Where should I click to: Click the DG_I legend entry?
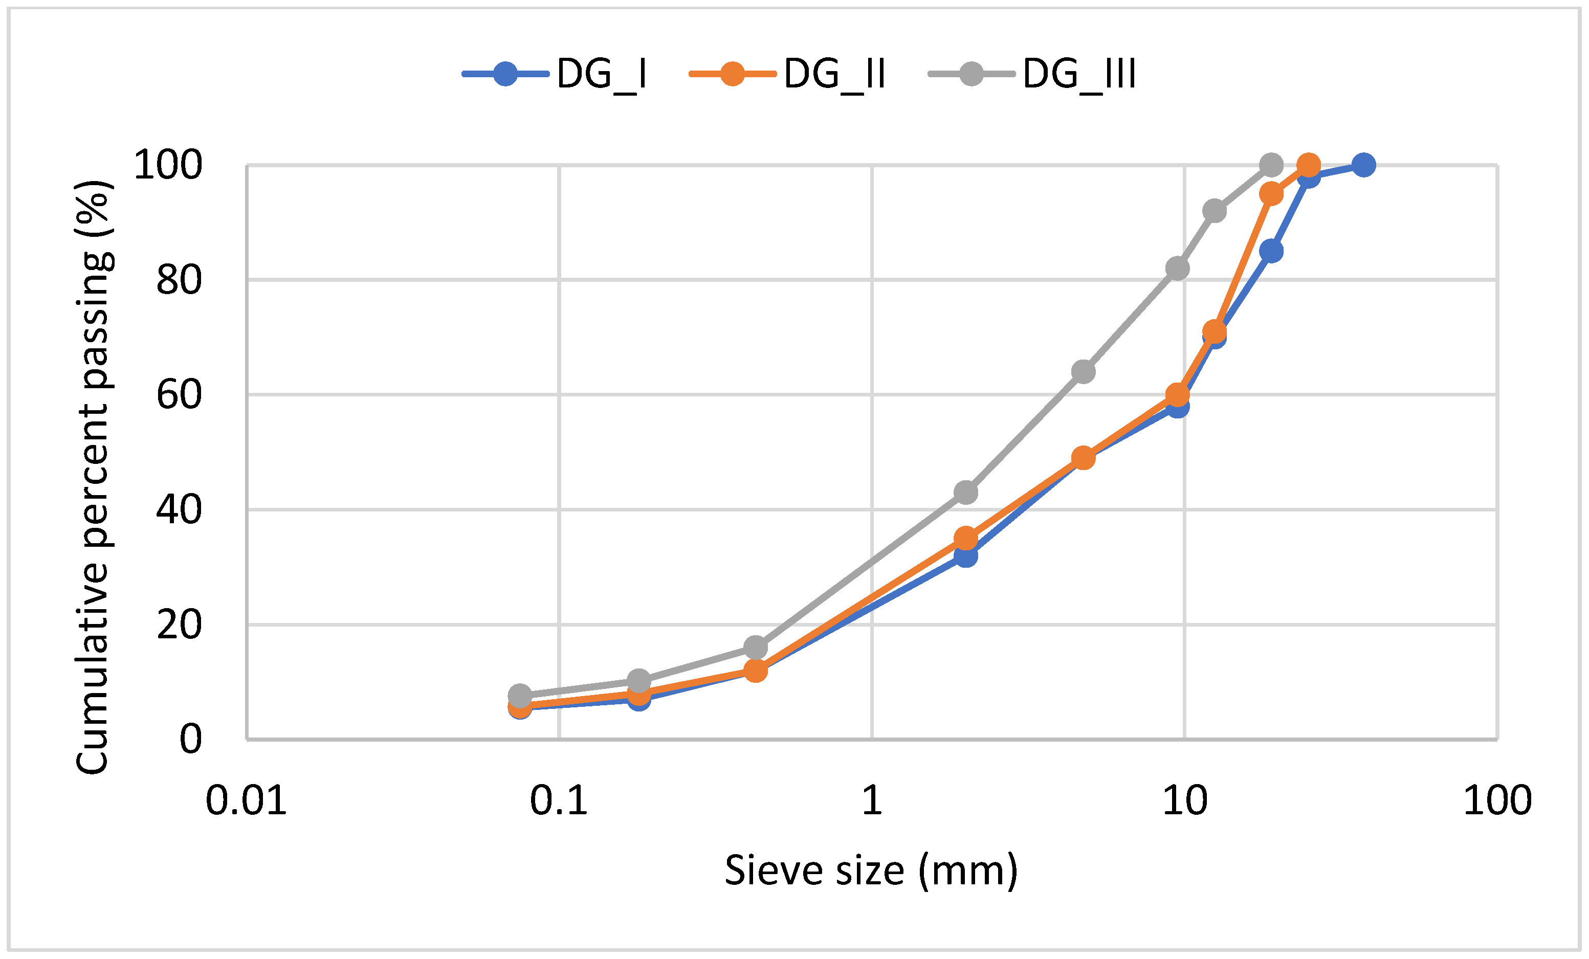click(555, 74)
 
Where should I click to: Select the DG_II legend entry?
click(787, 74)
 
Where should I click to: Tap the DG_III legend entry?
click(1031, 74)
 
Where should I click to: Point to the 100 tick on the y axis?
click(168, 165)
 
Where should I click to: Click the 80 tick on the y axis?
click(179, 280)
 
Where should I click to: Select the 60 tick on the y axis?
click(179, 395)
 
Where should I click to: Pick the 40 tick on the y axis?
click(179, 509)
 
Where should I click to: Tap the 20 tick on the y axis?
click(179, 625)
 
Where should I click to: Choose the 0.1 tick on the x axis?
click(559, 801)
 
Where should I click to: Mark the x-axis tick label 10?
click(1185, 801)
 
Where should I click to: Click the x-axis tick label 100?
click(1497, 801)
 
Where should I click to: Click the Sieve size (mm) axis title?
click(871, 871)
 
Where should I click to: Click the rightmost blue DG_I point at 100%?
click(1363, 165)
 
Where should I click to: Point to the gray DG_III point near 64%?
click(1084, 371)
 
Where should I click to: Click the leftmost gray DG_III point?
click(520, 696)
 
